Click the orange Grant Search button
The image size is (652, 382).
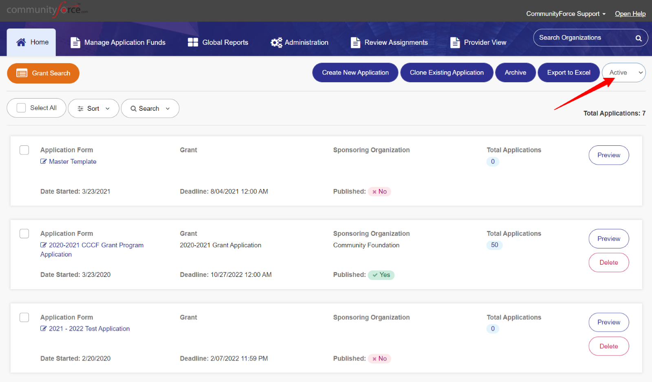[43, 73]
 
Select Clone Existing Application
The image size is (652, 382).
[447, 72]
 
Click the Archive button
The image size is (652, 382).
[515, 72]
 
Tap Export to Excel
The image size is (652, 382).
[568, 72]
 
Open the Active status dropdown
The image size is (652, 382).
[624, 72]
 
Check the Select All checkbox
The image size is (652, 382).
[21, 108]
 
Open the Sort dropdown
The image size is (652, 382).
[93, 108]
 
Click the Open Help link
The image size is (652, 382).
[630, 14]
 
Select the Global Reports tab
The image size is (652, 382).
[218, 42]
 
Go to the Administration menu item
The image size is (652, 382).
[299, 42]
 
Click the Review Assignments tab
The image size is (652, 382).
[389, 42]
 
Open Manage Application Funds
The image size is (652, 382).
[118, 42]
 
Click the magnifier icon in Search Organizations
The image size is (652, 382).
[638, 38]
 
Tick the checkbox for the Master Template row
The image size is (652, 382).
[24, 150]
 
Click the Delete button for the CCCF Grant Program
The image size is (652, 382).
[609, 262]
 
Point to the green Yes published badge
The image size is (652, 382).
[381, 275]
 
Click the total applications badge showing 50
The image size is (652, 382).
[494, 245]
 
